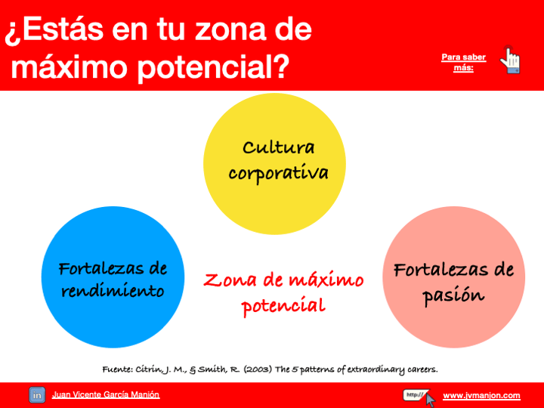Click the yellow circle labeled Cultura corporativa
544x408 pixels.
point(274,164)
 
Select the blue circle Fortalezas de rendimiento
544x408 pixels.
point(113,277)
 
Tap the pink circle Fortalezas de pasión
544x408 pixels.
point(453,277)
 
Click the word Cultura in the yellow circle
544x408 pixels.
point(279,147)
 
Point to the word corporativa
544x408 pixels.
point(278,173)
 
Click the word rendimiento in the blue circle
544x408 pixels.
point(113,291)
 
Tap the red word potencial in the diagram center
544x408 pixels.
point(283,306)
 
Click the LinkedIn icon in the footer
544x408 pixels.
point(37,395)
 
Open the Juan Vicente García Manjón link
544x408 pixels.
point(106,395)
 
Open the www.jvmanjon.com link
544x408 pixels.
point(481,395)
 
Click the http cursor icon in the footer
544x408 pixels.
point(419,397)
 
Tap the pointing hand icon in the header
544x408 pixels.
point(510,60)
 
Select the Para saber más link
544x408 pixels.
point(463,63)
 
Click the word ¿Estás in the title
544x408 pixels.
point(54,30)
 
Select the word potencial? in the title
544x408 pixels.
point(213,67)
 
